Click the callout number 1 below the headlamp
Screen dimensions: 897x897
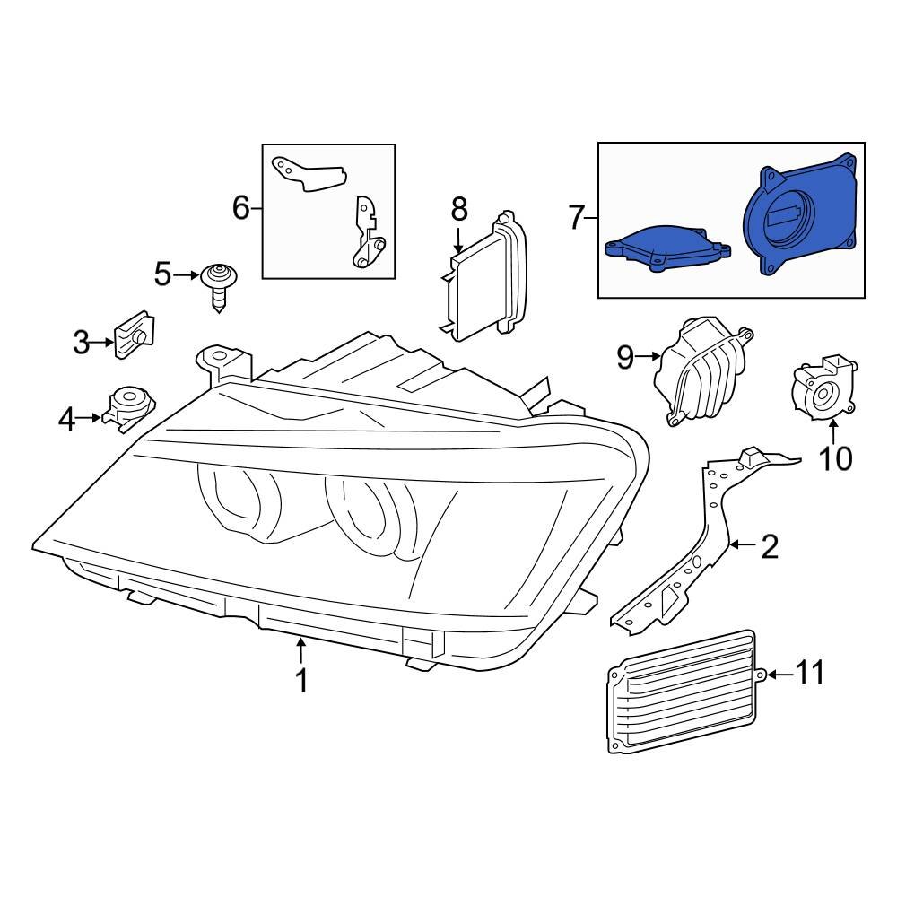pyautogui.click(x=301, y=681)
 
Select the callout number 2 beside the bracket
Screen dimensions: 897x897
pyautogui.click(x=770, y=546)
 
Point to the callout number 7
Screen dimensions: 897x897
pyautogui.click(x=577, y=216)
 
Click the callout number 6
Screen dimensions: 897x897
pyautogui.click(x=240, y=208)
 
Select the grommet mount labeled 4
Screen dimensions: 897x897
pyautogui.click(x=128, y=408)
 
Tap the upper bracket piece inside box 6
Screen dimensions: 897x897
pyautogui.click(x=309, y=173)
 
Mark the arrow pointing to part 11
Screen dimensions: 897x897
pyautogui.click(x=776, y=674)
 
